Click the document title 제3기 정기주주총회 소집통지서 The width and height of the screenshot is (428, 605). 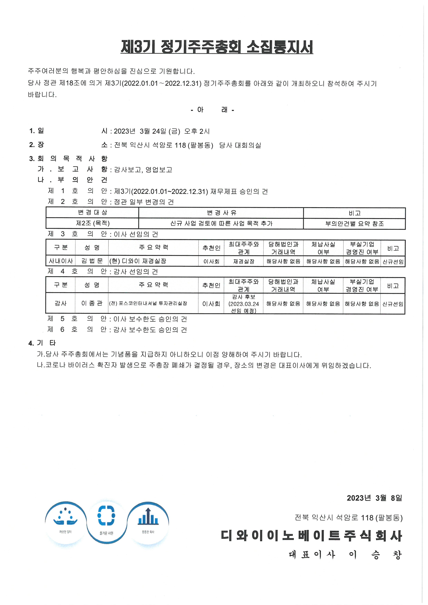point(217,47)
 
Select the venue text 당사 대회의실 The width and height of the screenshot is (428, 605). point(240,145)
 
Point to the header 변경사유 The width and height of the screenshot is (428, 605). point(221,213)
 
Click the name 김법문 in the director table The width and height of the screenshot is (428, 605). point(92,261)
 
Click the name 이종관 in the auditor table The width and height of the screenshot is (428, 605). point(92,303)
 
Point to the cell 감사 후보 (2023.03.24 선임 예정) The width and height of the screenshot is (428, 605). point(244,304)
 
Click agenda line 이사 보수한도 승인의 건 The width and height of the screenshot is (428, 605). point(150,319)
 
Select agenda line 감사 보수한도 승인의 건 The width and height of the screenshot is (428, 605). point(150,330)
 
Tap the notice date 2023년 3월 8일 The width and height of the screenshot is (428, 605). point(374,498)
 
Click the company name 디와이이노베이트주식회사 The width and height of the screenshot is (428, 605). point(311,536)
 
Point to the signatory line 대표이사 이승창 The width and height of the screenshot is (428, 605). point(345,555)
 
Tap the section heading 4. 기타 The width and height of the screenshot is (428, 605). point(42,343)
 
